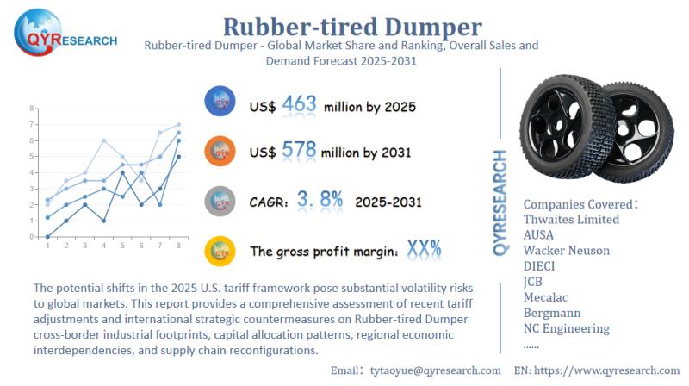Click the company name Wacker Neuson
click(x=566, y=250)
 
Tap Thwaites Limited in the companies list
click(x=571, y=219)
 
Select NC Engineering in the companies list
click(x=566, y=327)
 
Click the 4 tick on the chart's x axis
click(x=104, y=246)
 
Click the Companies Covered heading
click(x=580, y=203)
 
